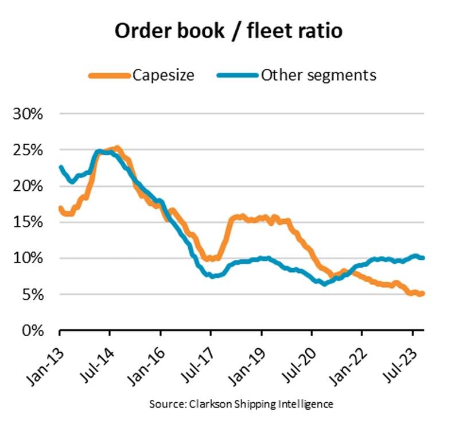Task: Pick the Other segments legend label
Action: pos(318,75)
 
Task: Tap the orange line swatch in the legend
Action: pos(109,75)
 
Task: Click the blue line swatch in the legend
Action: pos(237,75)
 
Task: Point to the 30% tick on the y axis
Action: pos(28,113)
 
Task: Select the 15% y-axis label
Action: pos(28,222)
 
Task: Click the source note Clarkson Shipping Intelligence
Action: pos(241,404)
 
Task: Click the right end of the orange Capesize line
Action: pos(423,293)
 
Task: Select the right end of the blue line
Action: pos(423,257)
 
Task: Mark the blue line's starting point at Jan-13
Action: pos(60,167)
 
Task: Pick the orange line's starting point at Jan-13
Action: pos(60,208)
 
